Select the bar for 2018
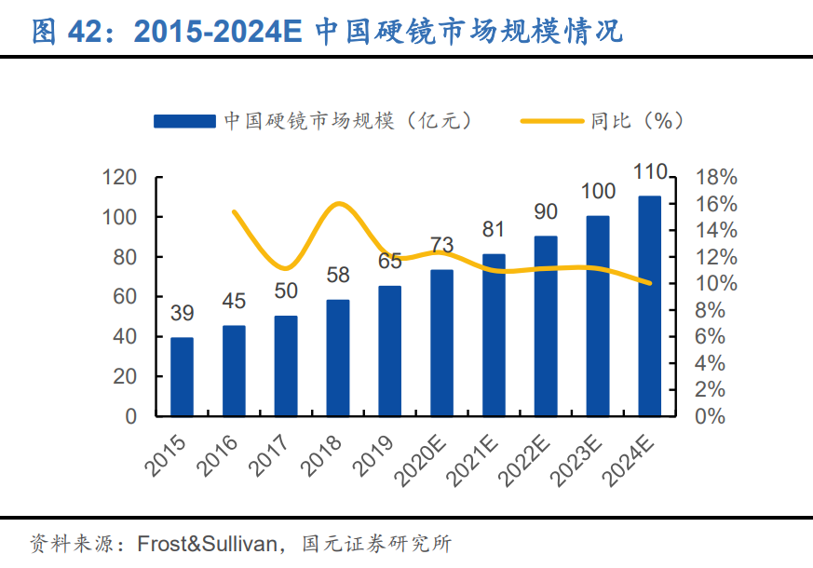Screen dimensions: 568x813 338,358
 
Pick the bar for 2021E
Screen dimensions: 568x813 494,334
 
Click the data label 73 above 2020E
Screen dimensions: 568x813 441,245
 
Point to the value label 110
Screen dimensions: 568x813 649,172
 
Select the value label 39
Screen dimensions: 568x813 182,313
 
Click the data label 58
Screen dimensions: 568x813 338,275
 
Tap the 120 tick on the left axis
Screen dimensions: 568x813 119,177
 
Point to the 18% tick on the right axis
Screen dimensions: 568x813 716,177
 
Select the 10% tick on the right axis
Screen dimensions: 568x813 716,283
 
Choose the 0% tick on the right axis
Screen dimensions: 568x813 711,415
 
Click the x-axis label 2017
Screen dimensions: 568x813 273,453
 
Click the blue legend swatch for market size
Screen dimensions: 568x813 184,121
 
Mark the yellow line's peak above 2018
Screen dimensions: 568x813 340,203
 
